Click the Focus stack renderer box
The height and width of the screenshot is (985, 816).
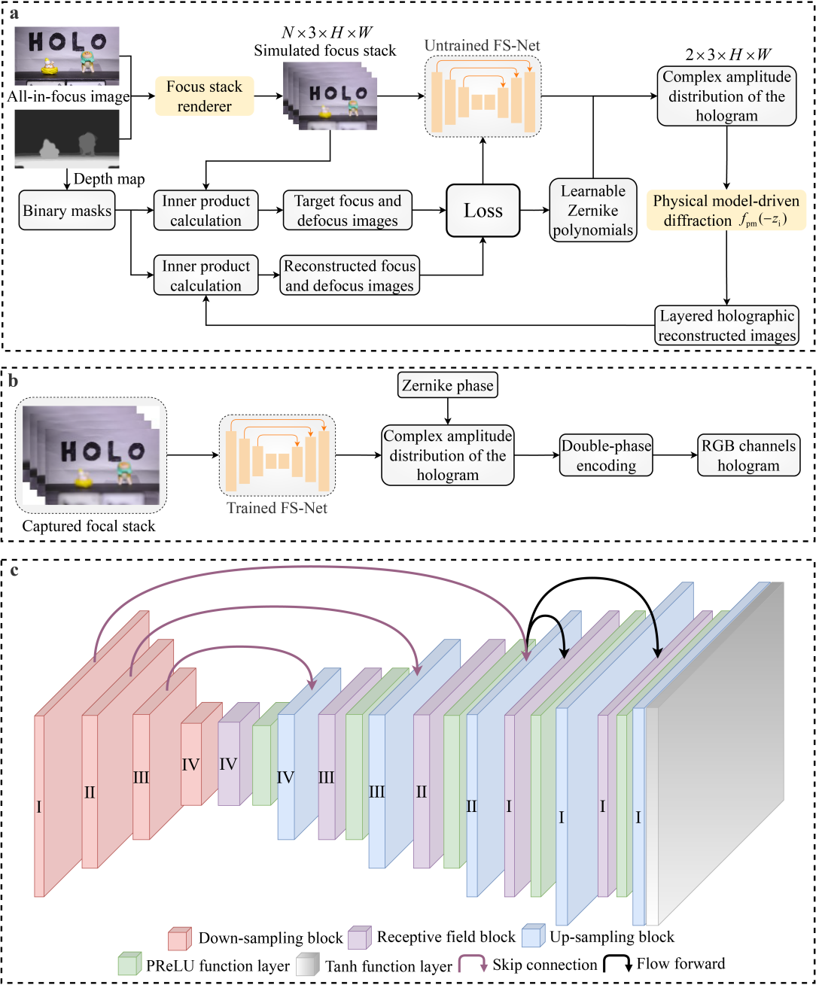[x=204, y=96]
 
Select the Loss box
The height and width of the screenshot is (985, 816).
[x=483, y=211]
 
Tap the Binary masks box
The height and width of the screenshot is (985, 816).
[x=67, y=211]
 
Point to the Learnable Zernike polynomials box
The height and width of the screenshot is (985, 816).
[x=592, y=211]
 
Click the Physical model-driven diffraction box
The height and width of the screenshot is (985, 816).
[x=726, y=211]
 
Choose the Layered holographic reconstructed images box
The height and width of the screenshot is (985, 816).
[x=726, y=326]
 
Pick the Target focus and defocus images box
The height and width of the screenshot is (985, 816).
[x=347, y=211]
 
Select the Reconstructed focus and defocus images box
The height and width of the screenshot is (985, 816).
[x=349, y=275]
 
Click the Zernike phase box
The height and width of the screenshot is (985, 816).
[x=448, y=386]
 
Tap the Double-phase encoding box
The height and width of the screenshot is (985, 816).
[x=606, y=455]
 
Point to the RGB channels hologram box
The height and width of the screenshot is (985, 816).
[x=747, y=455]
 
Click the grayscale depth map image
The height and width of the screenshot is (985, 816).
[x=67, y=138]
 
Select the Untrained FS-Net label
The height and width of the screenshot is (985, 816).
[x=482, y=46]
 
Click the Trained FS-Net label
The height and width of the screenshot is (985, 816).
[x=277, y=508]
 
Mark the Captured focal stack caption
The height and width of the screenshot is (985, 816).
[x=89, y=526]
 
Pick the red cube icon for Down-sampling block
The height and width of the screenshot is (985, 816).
[x=179, y=938]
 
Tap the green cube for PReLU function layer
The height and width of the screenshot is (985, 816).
[x=129, y=965]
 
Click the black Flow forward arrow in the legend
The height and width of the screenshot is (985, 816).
[x=617, y=964]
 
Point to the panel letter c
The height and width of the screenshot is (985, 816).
[x=14, y=570]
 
